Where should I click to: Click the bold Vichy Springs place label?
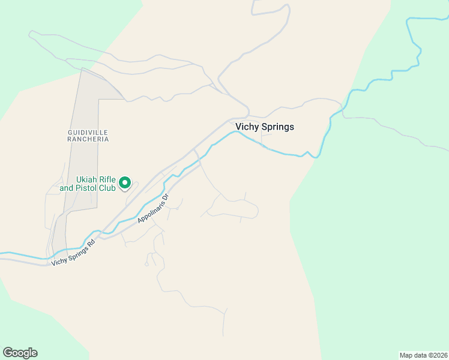point(265,127)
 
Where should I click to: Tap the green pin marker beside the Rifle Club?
point(125,182)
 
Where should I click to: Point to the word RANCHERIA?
point(88,139)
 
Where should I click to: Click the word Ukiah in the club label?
point(86,179)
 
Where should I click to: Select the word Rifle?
point(106,179)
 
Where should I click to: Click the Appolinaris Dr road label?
point(154,208)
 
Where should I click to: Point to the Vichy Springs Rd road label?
point(74,253)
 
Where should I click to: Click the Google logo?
point(20,353)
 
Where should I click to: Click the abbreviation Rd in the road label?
point(91,244)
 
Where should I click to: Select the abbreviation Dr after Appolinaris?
point(167,196)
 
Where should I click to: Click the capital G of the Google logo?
point(7,353)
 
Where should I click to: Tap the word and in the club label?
point(65,188)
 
